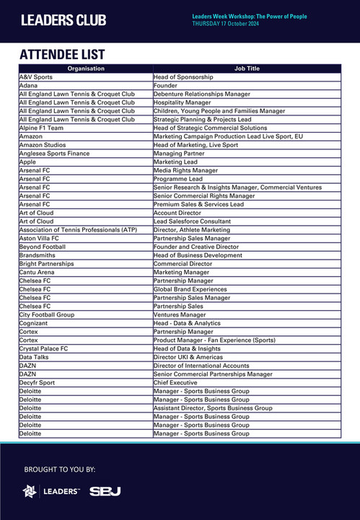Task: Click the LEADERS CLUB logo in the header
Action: [x=63, y=20]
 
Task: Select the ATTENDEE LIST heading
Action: [x=62, y=55]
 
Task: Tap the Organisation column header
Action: [x=86, y=69]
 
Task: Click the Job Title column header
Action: [x=247, y=69]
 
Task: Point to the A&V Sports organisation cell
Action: [x=36, y=77]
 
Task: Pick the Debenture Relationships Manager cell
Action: [x=202, y=94]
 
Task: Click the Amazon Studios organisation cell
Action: [x=42, y=145]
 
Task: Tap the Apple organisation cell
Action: [x=27, y=162]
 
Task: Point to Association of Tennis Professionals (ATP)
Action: [x=78, y=229]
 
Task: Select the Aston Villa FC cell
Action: [x=39, y=238]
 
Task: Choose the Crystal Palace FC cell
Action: [x=44, y=348]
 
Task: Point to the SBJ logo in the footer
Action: [x=105, y=491]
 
